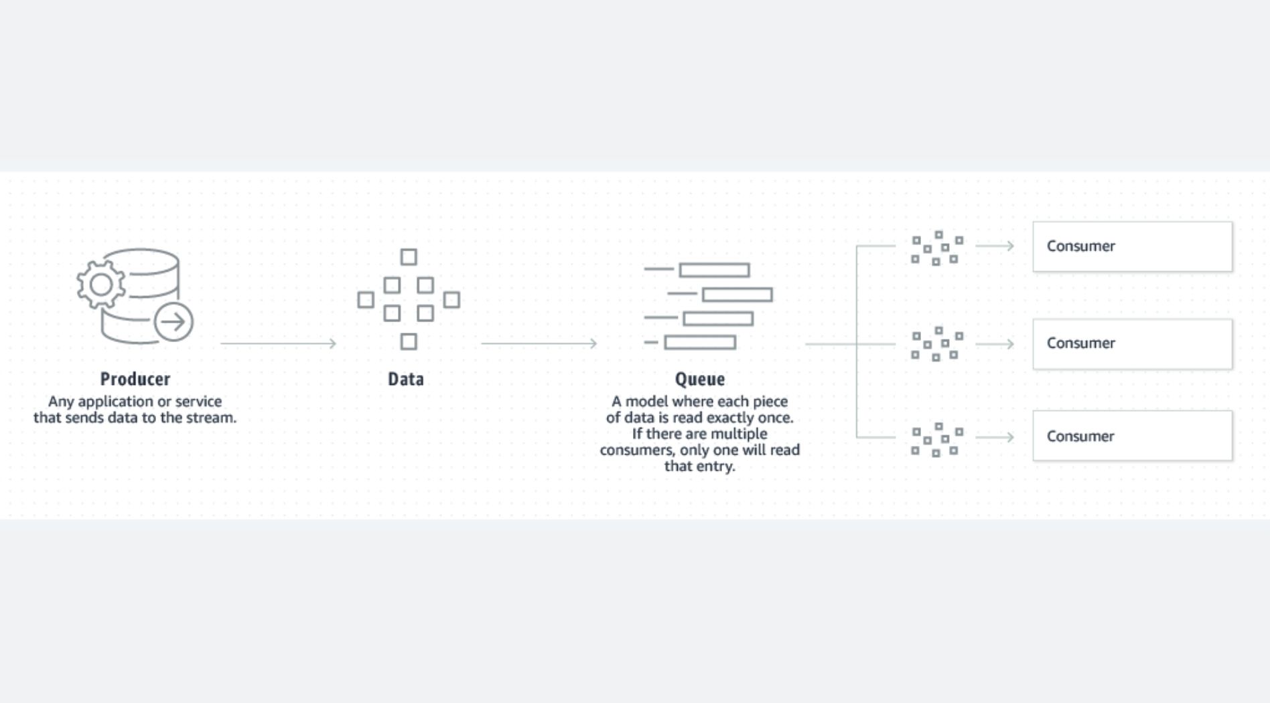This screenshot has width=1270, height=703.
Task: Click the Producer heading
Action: click(x=135, y=379)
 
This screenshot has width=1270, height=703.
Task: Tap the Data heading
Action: click(x=406, y=379)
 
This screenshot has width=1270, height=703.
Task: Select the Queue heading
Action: click(x=700, y=380)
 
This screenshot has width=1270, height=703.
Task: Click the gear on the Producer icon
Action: click(x=100, y=285)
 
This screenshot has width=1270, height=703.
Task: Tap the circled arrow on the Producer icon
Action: click(x=173, y=322)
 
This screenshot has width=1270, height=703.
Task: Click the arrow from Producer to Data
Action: click(x=278, y=343)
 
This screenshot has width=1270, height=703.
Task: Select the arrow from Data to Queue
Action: click(x=539, y=343)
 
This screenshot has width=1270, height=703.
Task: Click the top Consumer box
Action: click(x=1132, y=246)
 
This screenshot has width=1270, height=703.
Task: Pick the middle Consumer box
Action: click(x=1132, y=343)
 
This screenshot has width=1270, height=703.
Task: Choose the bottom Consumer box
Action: click(x=1132, y=436)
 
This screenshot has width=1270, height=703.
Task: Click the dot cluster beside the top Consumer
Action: click(x=937, y=248)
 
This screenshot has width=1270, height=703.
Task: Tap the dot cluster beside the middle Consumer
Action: click(x=937, y=344)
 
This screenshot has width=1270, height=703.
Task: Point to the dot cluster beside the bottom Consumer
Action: click(x=937, y=440)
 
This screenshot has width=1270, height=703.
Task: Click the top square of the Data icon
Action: click(x=409, y=257)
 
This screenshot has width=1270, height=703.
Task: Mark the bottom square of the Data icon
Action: click(x=409, y=341)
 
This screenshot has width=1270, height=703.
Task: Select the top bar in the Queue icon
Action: click(x=714, y=270)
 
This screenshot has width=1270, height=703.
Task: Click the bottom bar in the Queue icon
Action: click(x=700, y=343)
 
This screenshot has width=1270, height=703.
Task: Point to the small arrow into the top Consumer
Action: click(x=995, y=246)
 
